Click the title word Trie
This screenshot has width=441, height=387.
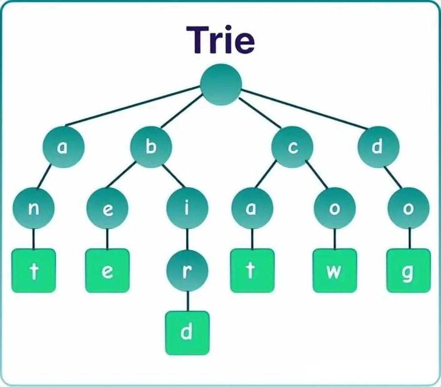tap(221, 40)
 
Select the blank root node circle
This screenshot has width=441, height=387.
tap(221, 84)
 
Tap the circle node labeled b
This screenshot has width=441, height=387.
tap(151, 147)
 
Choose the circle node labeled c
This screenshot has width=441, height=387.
tap(292, 147)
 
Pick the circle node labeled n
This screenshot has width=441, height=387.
tap(33, 208)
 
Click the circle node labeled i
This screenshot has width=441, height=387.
tap(187, 208)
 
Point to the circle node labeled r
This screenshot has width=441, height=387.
tap(187, 271)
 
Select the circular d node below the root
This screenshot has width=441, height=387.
tap(379, 147)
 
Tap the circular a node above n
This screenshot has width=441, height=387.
tap(63, 147)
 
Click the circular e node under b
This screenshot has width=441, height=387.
tap(108, 208)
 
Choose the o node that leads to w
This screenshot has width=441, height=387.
tap(335, 208)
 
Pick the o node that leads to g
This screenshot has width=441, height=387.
tap(409, 208)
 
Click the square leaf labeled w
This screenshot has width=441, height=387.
tap(335, 271)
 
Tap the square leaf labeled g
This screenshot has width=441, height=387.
tap(409, 271)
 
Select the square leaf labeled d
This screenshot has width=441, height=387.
tap(187, 333)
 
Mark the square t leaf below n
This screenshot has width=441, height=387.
tap(34, 271)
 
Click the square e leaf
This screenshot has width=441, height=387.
tap(108, 271)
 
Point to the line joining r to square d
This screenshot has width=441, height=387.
tap(188, 301)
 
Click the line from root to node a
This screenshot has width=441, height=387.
tap(133, 106)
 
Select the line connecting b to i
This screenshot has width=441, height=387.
tap(173, 176)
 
